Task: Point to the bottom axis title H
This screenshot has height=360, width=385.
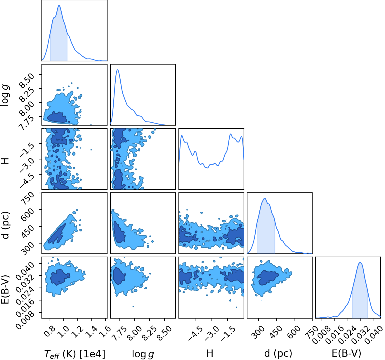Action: tap(210, 353)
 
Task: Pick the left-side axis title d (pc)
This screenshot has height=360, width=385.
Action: tap(5, 225)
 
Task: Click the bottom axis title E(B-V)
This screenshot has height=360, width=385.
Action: tap(347, 353)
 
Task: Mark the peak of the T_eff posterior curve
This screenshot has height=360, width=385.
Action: tap(59, 6)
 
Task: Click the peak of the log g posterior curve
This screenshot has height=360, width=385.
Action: tap(117, 69)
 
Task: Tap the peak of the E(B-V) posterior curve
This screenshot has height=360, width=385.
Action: tap(360, 262)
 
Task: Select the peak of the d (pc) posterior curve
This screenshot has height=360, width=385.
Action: tap(265, 198)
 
